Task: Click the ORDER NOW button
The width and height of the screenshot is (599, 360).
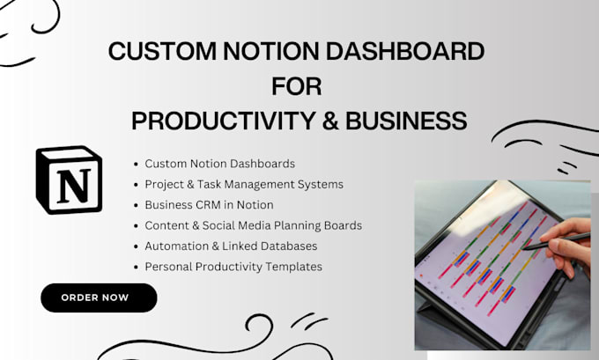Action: pos(99,298)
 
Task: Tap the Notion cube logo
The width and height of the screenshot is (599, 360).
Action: pos(69,180)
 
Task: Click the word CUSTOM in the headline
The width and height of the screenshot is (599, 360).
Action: pos(163,51)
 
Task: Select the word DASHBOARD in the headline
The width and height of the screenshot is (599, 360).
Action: pos(405,51)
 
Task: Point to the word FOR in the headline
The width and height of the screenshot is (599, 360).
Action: pos(297,86)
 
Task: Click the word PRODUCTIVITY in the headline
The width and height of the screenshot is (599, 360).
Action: pos(224,121)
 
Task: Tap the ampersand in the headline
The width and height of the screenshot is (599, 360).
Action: pos(330,121)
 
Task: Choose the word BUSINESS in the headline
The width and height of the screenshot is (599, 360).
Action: pos(406,121)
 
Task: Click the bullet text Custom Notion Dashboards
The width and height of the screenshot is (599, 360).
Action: pos(219,164)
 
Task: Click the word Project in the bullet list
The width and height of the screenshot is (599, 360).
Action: pos(164,185)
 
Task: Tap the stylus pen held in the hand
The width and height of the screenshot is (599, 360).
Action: pos(556,241)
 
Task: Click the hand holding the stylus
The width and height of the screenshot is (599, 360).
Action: pos(566,245)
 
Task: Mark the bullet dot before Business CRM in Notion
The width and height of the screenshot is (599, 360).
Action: pos(136,205)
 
